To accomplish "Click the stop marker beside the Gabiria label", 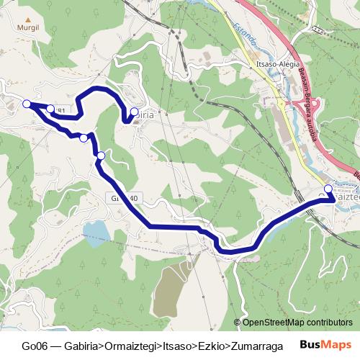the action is coord(134,112).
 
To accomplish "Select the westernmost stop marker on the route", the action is coord(27,104).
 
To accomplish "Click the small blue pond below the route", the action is coord(96,231).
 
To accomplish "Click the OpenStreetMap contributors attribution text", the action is coord(297,323).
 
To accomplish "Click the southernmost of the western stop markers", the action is coord(101,156).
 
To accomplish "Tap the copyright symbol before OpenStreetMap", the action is coord(238,323).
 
